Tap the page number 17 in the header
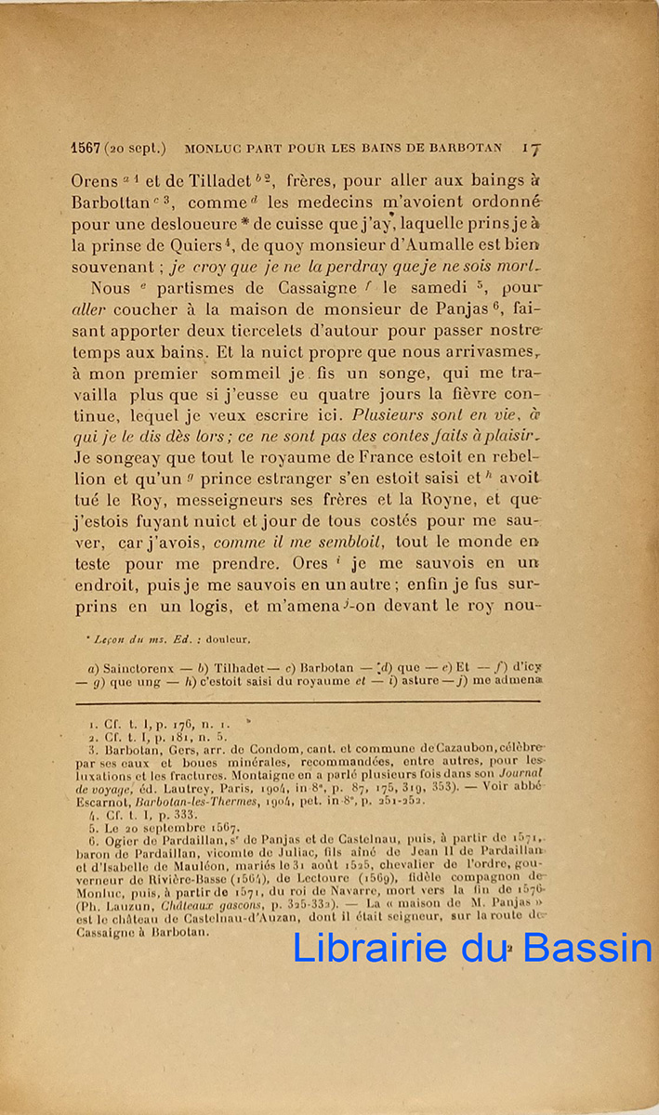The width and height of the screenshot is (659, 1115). [531, 147]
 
